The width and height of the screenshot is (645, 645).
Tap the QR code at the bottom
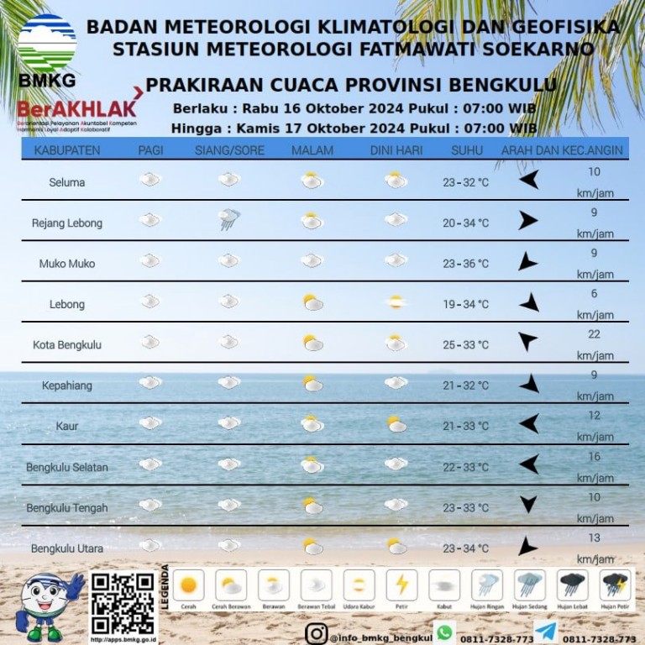(x=123, y=603)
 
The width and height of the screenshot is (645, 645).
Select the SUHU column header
(x=467, y=150)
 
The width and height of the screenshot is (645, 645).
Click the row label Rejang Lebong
(x=67, y=223)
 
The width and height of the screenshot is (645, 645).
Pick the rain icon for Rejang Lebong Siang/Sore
(x=228, y=220)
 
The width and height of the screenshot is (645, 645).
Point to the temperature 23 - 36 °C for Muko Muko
(x=466, y=264)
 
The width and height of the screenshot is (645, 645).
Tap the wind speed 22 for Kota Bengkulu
(x=594, y=334)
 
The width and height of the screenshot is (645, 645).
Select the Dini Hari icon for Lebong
(x=395, y=302)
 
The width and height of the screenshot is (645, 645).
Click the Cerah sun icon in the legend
(x=188, y=585)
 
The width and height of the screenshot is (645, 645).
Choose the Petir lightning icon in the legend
(x=401, y=585)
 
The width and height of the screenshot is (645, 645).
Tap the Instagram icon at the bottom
(x=316, y=634)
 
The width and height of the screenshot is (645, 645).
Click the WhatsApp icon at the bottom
(x=443, y=632)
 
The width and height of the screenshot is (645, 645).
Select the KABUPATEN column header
(x=67, y=150)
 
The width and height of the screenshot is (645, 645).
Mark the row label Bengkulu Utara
(x=67, y=548)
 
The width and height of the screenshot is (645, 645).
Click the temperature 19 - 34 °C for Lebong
(x=466, y=304)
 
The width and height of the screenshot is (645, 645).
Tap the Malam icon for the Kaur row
(x=312, y=424)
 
